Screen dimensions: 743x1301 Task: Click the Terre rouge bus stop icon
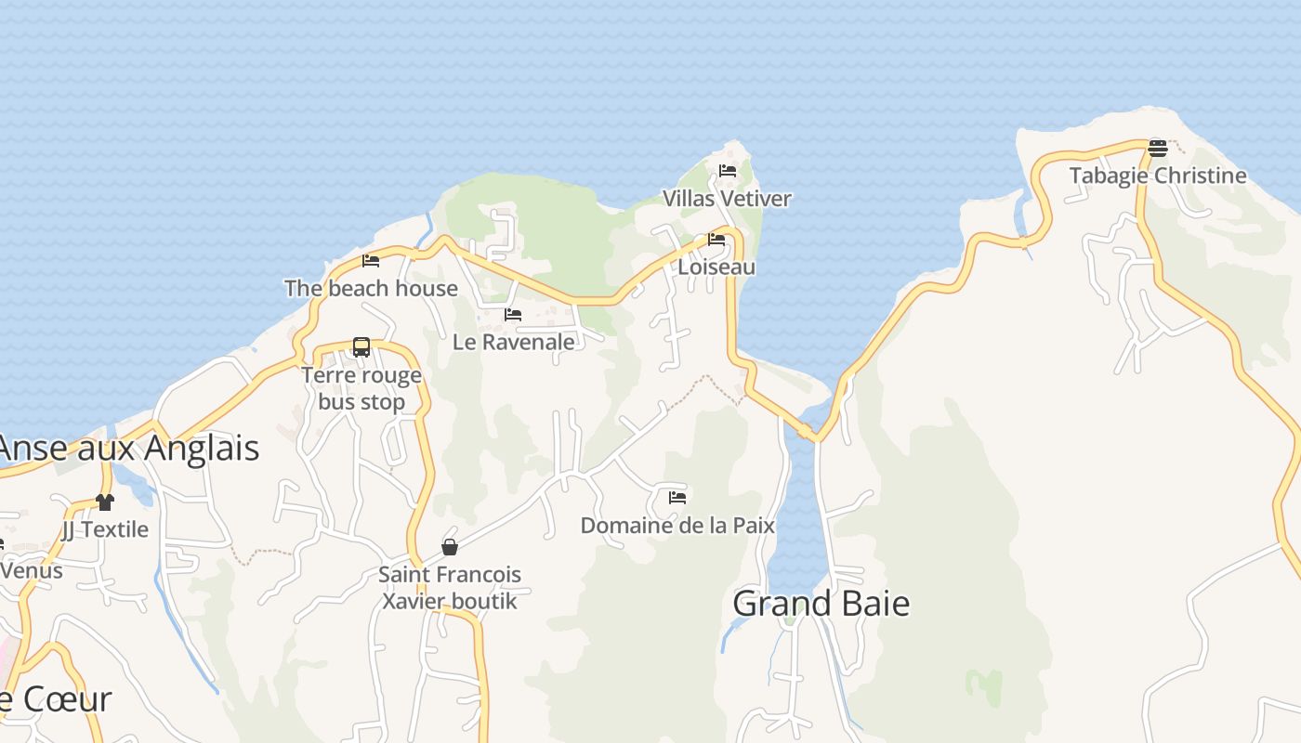361,347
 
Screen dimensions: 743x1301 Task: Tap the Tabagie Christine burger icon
1157,148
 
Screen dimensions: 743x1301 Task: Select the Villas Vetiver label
727,199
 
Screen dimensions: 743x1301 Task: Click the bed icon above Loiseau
716,240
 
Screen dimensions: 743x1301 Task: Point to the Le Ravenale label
513,342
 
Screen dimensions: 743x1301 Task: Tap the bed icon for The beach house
371,261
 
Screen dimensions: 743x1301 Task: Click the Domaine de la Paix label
677,526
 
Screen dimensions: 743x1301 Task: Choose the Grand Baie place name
821,604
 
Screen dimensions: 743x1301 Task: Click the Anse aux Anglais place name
128,449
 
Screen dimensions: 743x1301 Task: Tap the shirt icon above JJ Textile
105,502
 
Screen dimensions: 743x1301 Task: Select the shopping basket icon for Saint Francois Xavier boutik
450,547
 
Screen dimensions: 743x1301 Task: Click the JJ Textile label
105,529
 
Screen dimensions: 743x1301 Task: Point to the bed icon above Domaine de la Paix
677,498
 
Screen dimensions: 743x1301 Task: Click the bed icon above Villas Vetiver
728,171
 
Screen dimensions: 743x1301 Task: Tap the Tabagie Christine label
1157,176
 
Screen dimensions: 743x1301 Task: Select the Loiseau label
716,267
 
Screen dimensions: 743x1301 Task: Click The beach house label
371,289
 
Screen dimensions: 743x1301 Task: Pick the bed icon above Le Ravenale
513,315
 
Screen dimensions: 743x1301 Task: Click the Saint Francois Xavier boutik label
450,588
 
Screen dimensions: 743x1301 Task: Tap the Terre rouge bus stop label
361,388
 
